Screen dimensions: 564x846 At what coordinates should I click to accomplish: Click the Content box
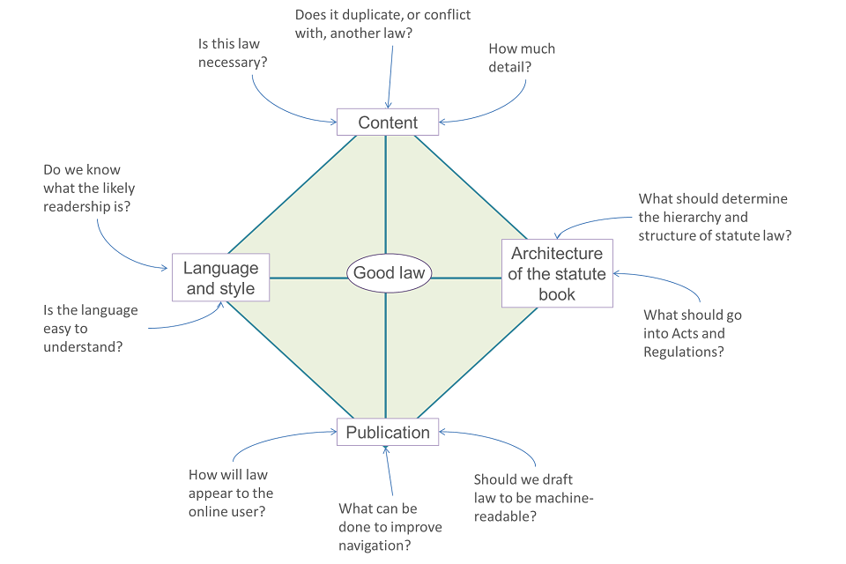pos(388,122)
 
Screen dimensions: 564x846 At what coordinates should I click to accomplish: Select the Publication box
pos(388,432)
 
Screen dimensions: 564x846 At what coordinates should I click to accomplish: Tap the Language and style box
pos(220,278)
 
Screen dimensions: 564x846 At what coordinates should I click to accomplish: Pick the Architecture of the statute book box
pos(557,273)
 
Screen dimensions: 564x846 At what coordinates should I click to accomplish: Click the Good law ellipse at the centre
pos(389,273)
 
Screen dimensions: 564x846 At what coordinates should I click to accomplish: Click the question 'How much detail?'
pos(522,57)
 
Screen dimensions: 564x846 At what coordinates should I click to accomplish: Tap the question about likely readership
pos(89,188)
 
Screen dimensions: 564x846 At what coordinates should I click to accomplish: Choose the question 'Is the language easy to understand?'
pos(91,329)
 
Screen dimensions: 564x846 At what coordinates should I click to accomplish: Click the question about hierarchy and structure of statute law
pos(714,217)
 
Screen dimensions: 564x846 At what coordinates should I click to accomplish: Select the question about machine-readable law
pos(534,497)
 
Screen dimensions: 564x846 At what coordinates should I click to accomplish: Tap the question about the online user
pos(231,493)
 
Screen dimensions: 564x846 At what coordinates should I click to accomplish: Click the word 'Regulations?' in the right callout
pos(684,352)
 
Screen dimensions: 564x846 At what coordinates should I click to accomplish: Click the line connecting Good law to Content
pos(386,194)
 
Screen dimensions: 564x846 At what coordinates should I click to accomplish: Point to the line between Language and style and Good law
pos(308,278)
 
